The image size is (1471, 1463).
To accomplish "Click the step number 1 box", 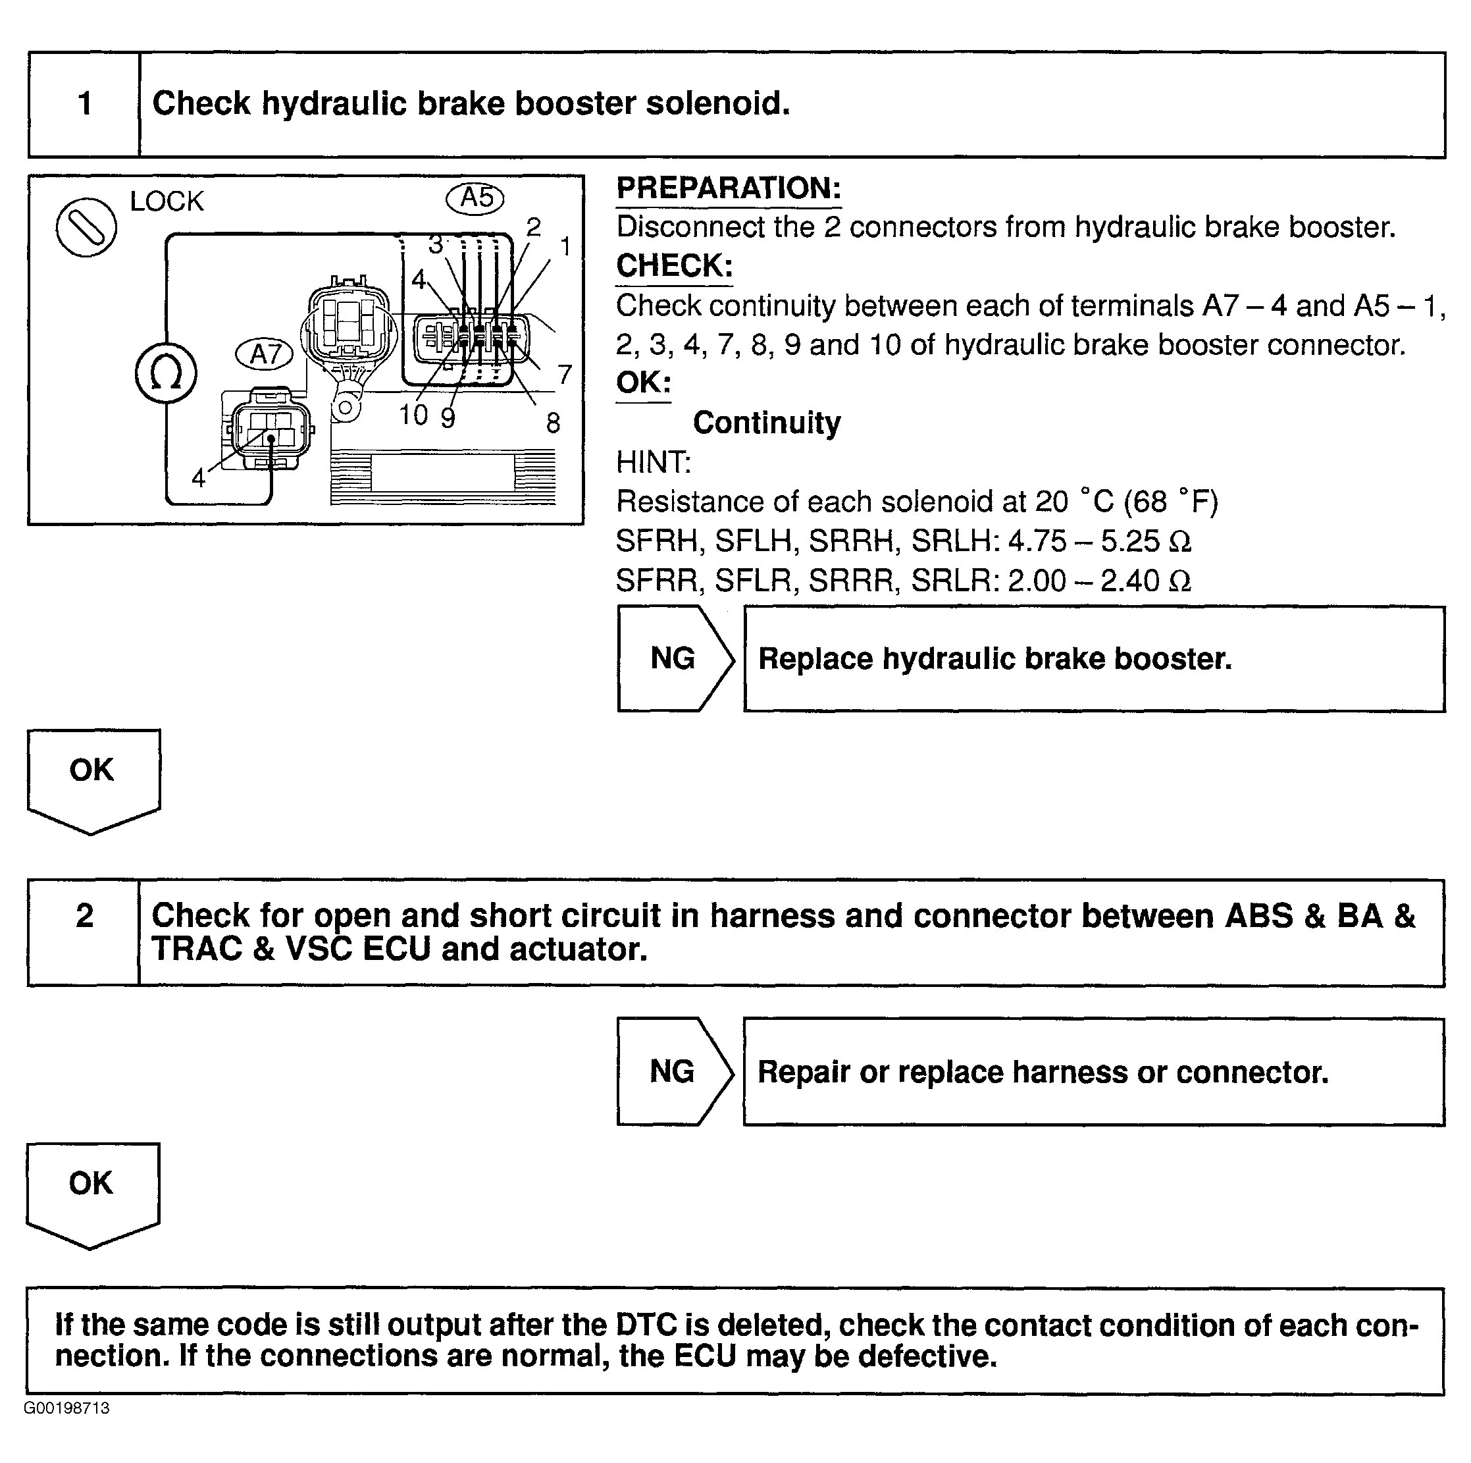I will (84, 104).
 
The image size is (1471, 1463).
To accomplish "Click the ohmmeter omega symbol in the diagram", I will (166, 374).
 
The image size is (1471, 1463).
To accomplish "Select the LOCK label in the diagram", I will (167, 202).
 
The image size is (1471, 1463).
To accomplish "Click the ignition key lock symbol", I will (86, 227).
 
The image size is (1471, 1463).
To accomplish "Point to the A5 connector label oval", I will (475, 198).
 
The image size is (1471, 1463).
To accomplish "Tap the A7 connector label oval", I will (264, 354).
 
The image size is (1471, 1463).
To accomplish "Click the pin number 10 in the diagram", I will (413, 415).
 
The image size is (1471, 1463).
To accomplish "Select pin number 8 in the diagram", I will (554, 423).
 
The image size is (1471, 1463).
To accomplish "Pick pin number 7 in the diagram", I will (564, 375).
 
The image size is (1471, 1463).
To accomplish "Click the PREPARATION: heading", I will (729, 188).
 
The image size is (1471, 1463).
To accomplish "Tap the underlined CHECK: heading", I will (674, 266).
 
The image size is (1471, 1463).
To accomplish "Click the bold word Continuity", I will (767, 423).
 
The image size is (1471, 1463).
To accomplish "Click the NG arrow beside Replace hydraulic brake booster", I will (675, 659).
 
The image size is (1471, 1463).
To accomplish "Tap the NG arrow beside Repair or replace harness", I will (674, 1071).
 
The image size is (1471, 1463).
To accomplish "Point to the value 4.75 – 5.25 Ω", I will (1098, 541).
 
